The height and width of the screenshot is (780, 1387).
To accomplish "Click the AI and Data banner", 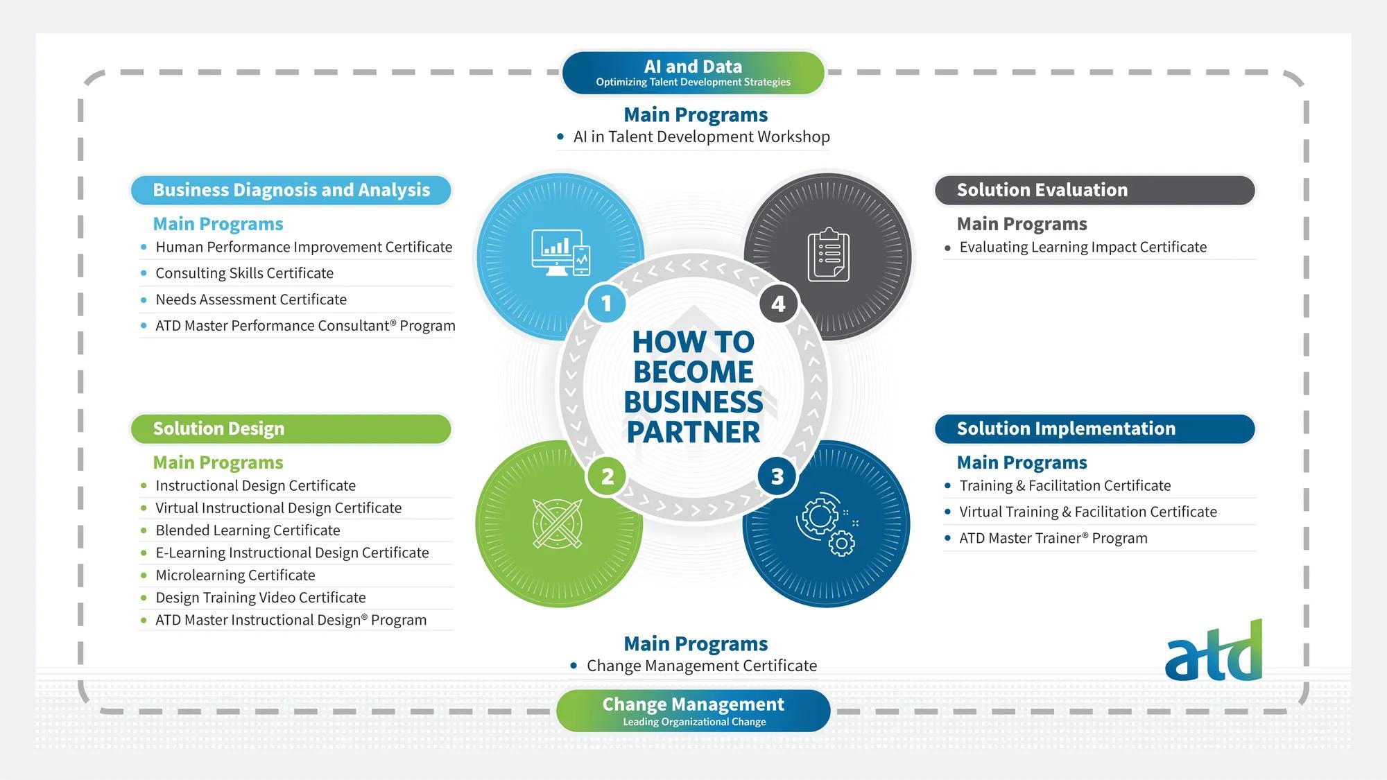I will tap(693, 73).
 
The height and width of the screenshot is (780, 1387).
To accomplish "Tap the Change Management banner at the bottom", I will tap(693, 711).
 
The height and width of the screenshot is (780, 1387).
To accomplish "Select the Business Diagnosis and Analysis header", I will tap(291, 190).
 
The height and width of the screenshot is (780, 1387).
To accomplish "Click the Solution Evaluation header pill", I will tap(1094, 190).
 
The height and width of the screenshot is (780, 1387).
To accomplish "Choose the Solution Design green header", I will tap(291, 428).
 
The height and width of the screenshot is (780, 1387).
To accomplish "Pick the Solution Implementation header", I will tap(1094, 428).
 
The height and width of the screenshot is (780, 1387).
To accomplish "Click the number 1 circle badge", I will tap(606, 304).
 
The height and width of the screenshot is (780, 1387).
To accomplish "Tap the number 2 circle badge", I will tap(608, 476).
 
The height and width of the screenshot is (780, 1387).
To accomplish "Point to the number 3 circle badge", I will tap(777, 476).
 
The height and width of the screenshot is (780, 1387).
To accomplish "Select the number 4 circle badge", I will tap(778, 304).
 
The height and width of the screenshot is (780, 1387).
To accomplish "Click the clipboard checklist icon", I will tap(828, 256).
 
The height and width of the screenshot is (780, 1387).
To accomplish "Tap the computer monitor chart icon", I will tap(560, 253).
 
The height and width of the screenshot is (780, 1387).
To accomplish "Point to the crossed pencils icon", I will tap(558, 523).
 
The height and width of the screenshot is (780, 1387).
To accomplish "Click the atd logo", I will tap(1214, 652).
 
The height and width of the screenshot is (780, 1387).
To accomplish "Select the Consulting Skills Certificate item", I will tap(244, 273).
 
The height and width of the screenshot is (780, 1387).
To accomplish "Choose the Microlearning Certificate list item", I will tap(235, 575).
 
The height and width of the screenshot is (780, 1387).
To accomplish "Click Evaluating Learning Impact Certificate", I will tap(1083, 248).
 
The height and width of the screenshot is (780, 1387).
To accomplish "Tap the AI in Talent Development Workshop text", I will tap(701, 137).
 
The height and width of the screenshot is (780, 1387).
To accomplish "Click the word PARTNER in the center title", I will tap(693, 432).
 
